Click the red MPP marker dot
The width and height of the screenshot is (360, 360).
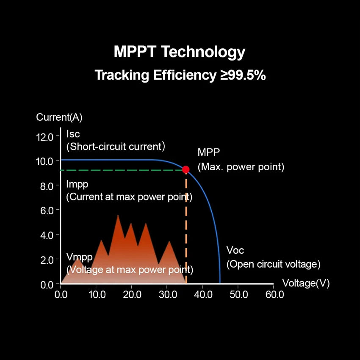186,169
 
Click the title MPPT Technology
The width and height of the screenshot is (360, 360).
180,52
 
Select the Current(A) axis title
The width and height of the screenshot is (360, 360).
59,117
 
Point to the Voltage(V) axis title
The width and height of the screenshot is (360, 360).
306,283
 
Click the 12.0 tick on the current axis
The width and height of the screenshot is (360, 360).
44,137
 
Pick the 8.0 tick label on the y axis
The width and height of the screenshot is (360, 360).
44,186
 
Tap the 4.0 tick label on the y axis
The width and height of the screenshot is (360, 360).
44,235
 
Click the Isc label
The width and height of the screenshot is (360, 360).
73,134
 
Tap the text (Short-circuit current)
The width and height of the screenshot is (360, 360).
116,147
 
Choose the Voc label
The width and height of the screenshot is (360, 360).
235,250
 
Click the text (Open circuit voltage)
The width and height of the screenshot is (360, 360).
273,264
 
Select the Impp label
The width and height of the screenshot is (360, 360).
78,184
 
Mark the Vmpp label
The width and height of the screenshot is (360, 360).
80,257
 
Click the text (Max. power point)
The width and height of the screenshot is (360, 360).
241,167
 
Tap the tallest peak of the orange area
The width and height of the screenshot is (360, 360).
118,216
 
